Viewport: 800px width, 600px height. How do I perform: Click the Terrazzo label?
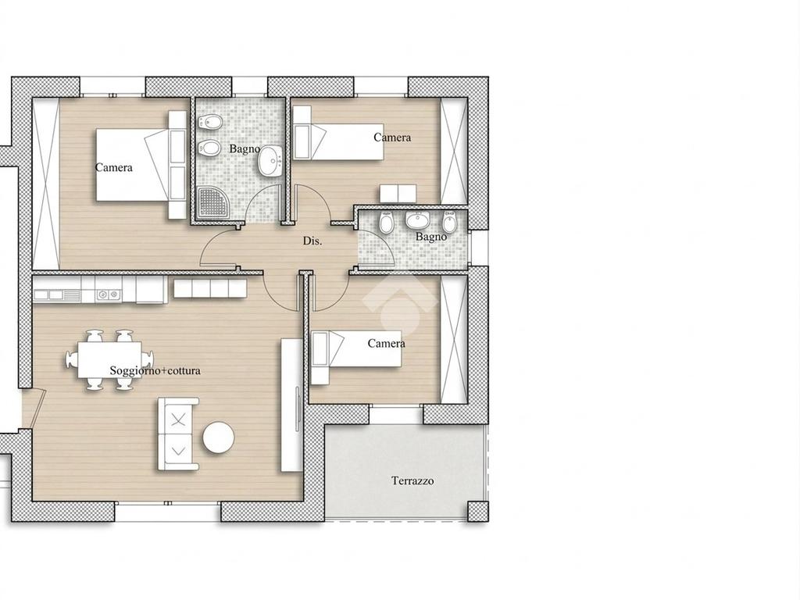coord(412,480)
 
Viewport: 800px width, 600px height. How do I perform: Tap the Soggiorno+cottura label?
coord(155,371)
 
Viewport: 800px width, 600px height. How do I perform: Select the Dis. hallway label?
coord(312,241)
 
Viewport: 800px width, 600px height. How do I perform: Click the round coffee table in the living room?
coord(219,437)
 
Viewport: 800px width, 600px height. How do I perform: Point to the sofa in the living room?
coord(177,434)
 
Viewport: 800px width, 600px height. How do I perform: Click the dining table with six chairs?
coord(109,359)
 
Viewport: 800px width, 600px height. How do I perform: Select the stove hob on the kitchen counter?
coord(108,295)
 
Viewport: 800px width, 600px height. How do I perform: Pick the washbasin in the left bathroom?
coord(270,161)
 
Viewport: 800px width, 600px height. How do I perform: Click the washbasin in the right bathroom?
coord(418,221)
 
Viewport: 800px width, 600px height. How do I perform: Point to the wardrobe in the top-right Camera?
coord(454,151)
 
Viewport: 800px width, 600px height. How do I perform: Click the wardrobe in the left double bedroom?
coord(46,183)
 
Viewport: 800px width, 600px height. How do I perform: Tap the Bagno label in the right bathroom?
coord(431,237)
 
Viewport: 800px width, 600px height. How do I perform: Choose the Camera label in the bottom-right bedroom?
coord(387,344)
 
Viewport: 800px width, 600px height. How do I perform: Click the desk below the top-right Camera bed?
coord(398,194)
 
